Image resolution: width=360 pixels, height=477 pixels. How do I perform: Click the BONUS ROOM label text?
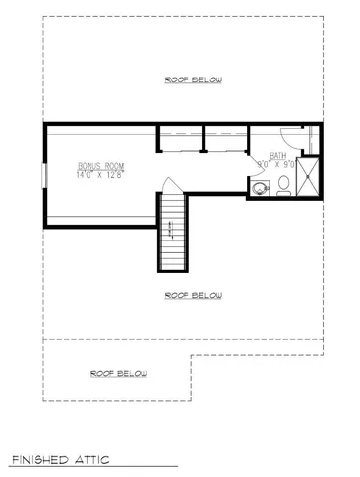pos(100,167)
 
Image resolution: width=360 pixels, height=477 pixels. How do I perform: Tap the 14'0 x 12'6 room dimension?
pos(100,176)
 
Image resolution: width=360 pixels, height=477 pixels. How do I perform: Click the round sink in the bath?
pos(260,187)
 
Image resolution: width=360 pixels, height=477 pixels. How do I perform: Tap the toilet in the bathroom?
pos(282,184)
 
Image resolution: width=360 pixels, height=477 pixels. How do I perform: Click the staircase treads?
pos(172,234)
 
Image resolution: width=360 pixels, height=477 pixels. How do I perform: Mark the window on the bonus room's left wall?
pos(42,174)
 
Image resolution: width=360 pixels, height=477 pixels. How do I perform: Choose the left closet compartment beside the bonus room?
pos(180,138)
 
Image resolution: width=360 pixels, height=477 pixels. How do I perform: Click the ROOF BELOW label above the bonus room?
pos(193,79)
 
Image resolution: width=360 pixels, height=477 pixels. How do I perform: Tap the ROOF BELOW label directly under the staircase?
pos(193,296)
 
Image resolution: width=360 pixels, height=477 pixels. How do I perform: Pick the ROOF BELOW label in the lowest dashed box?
pos(118,374)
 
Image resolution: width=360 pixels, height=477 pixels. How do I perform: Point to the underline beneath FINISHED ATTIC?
pos(93,467)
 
